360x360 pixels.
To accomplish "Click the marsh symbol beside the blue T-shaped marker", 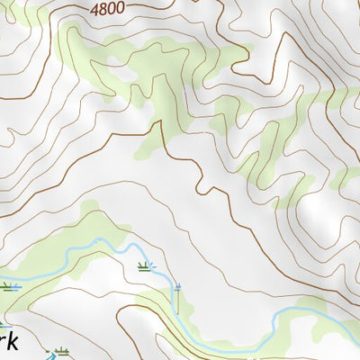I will click(144, 265).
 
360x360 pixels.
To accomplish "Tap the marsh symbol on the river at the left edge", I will click(9, 287).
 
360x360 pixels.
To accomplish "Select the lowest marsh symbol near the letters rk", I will click(60, 350).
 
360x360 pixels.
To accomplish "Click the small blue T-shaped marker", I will click(177, 287).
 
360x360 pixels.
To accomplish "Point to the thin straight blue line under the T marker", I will click(177, 306).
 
